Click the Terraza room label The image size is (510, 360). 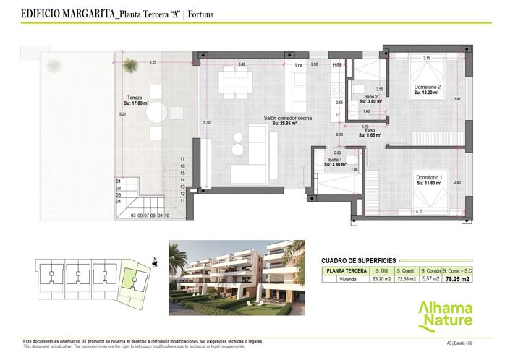(x=135, y=98)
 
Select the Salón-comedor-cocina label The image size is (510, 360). (x=288, y=118)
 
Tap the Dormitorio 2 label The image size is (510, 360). (x=427, y=87)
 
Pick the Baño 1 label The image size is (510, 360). (x=334, y=160)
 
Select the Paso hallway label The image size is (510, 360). (x=370, y=131)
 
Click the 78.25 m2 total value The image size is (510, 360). (x=458, y=278)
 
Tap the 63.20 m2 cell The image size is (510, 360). (x=381, y=278)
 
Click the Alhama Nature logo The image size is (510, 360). (x=446, y=314)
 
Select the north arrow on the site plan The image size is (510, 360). (x=155, y=259)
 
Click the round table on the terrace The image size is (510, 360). (x=158, y=113)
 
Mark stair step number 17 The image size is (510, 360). (x=183, y=158)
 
